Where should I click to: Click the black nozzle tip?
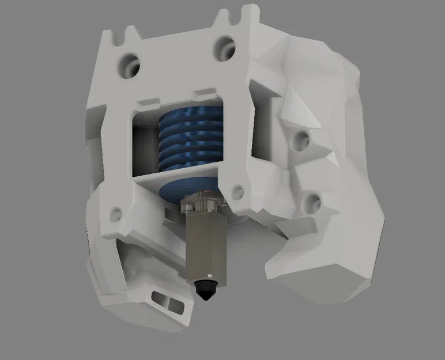[206, 289]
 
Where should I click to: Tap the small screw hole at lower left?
[116, 214]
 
